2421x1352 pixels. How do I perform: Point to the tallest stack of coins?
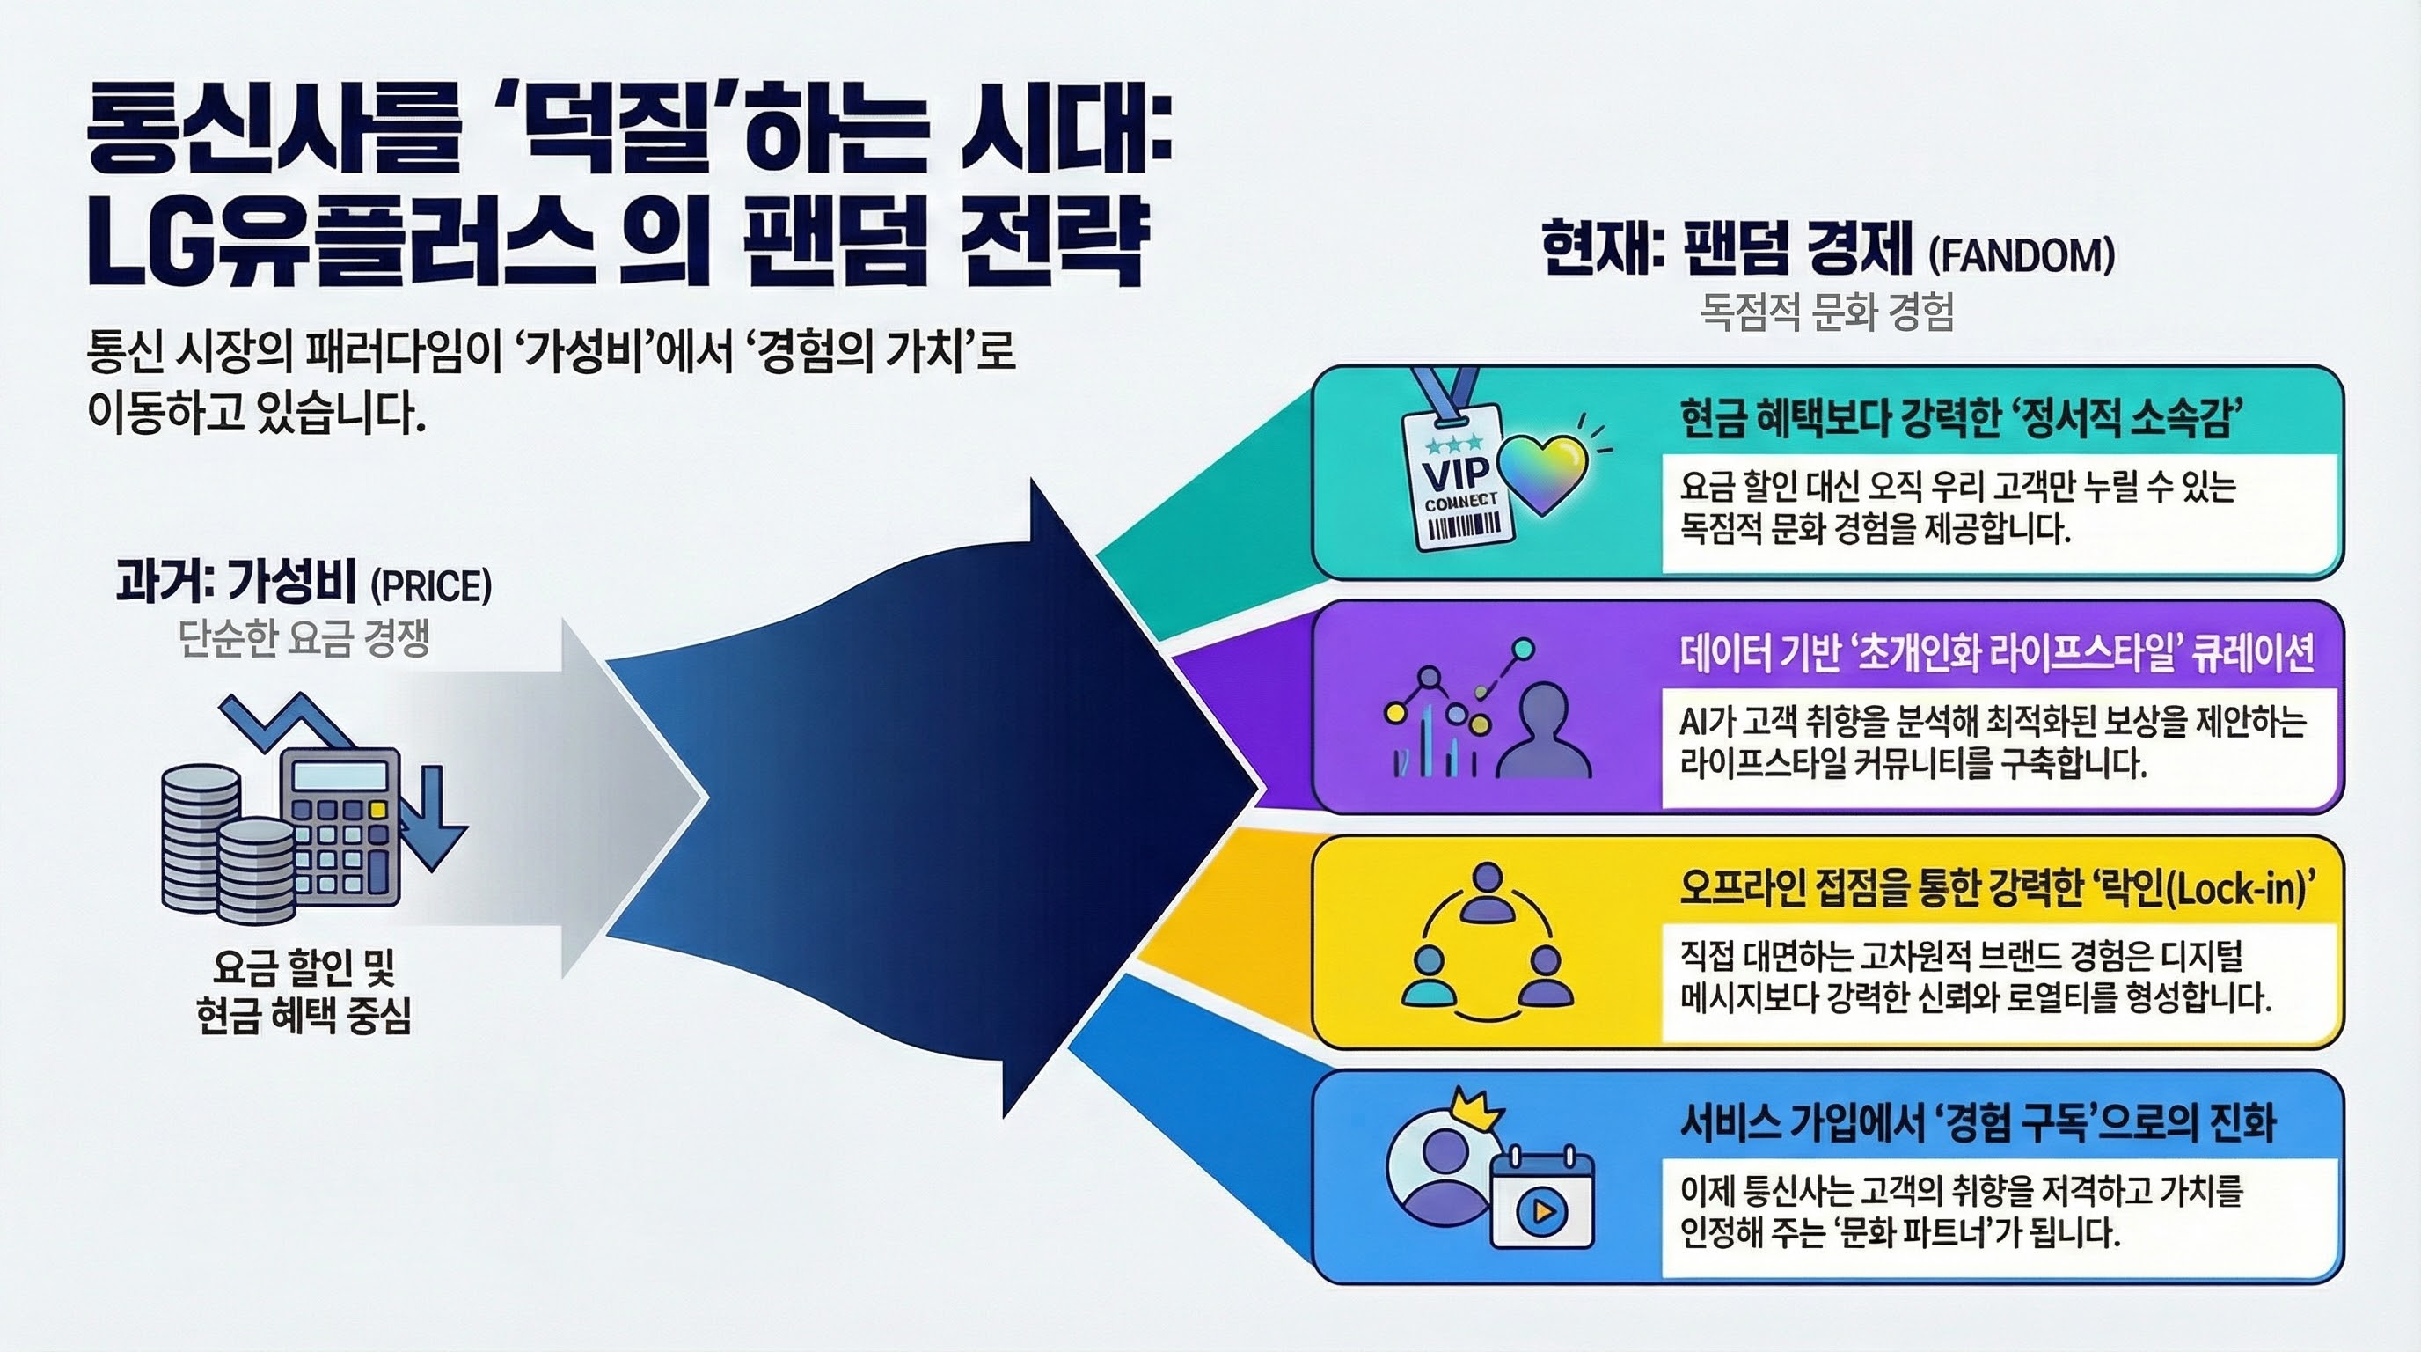198,837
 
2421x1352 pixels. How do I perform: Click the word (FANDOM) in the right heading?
2021,256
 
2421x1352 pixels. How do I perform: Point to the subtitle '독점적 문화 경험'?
1827,312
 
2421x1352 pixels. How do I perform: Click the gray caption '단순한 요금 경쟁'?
304,640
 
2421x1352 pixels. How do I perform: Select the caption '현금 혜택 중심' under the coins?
304,1016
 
